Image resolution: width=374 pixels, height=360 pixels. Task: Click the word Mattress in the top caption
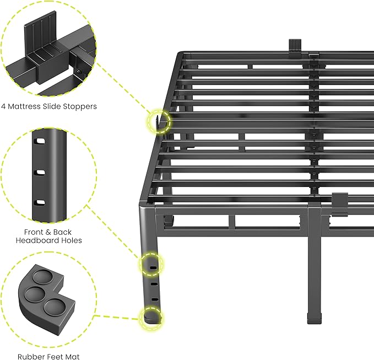click(26, 106)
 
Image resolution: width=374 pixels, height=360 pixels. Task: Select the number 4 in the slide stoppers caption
click(4, 106)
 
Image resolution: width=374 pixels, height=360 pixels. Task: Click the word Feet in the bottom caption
click(55, 357)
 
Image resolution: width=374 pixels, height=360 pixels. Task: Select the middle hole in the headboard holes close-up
click(40, 173)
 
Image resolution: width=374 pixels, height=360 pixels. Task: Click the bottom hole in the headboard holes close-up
click(40, 202)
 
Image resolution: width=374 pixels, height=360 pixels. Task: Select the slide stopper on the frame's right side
click(339, 202)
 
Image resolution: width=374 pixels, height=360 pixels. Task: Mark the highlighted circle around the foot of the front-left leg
click(152, 318)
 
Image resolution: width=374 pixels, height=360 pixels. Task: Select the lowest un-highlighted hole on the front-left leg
click(155, 299)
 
